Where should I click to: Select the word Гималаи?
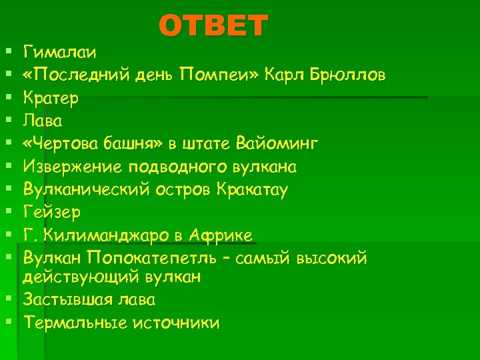60,51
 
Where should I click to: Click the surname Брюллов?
347,74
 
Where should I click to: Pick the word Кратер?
51,97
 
